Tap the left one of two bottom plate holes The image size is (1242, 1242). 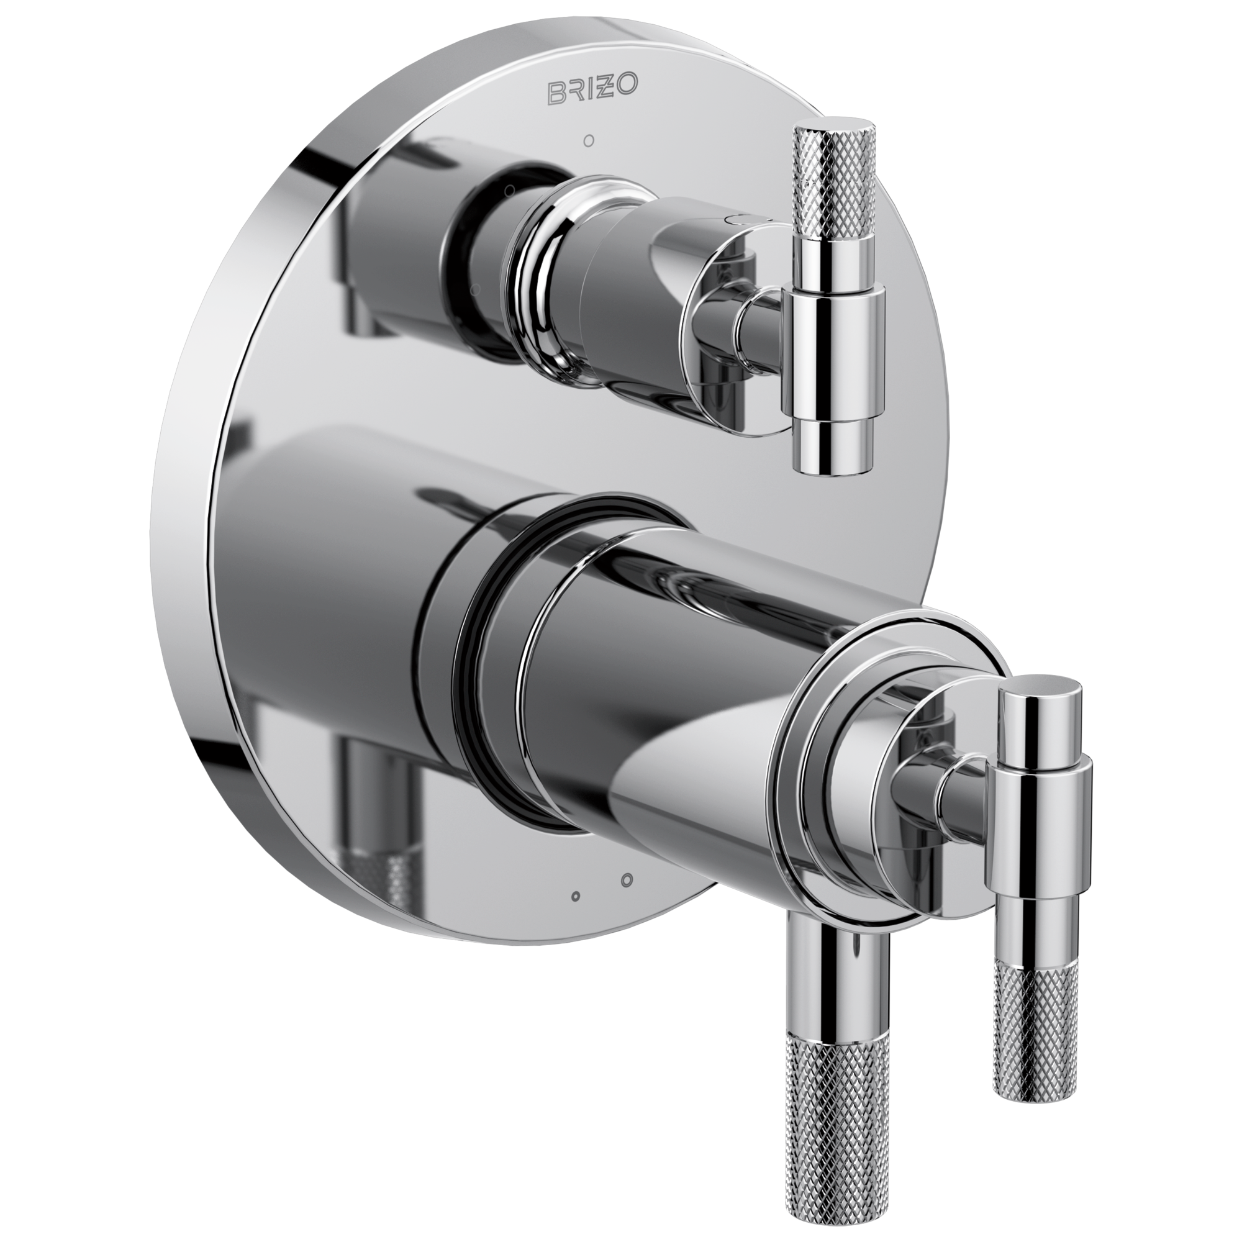576,895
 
